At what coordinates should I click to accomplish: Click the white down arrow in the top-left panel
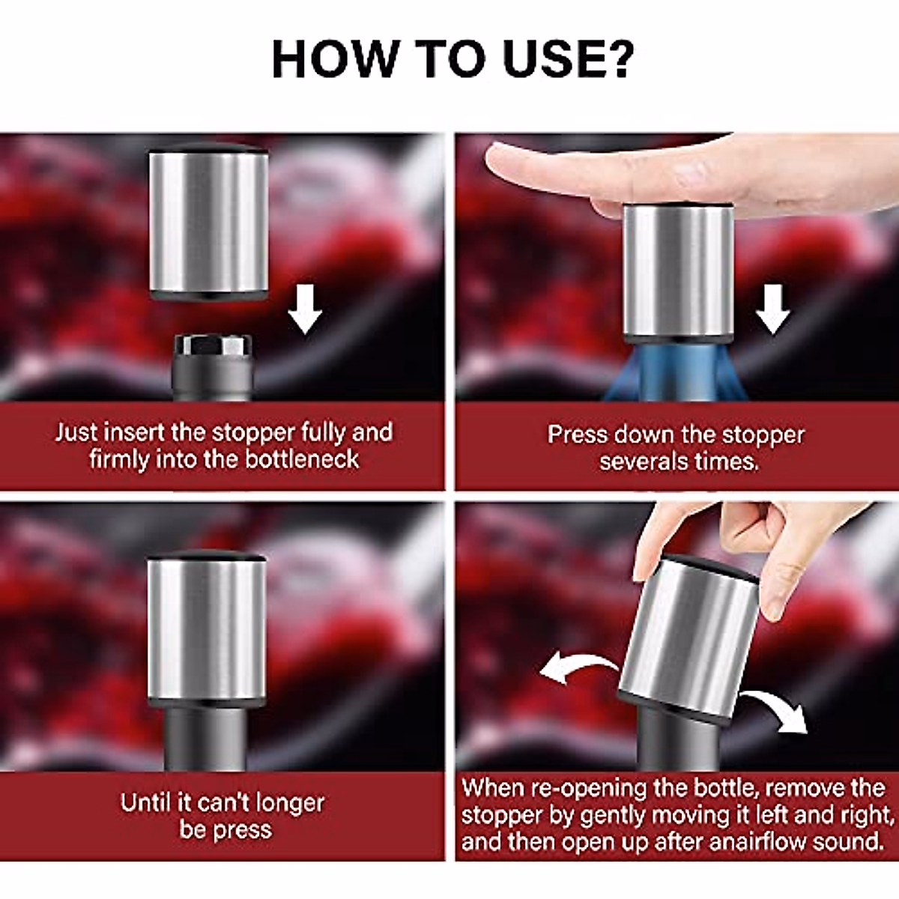(x=305, y=309)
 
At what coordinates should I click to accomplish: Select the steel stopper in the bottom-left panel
(x=206, y=629)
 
